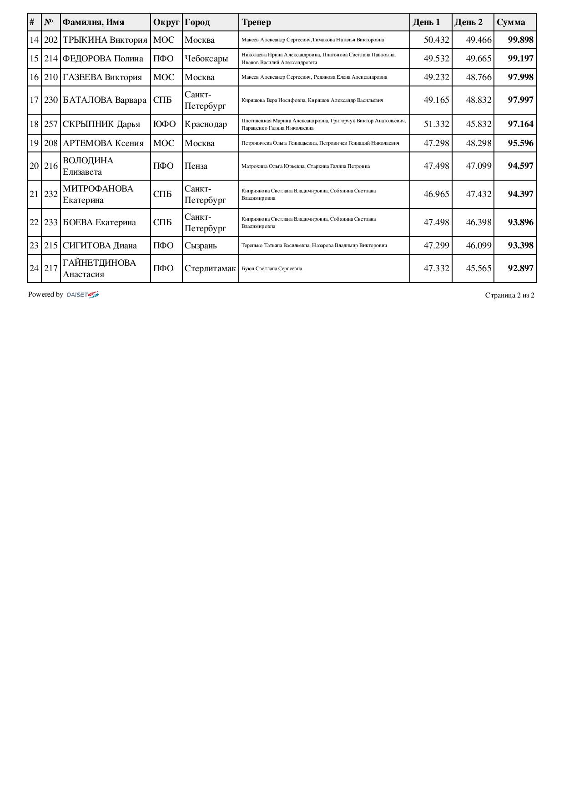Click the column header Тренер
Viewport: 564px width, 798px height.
256,22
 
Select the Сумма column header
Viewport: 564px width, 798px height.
511,22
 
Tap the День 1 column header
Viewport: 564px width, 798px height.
426,22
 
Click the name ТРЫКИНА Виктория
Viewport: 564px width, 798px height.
105,40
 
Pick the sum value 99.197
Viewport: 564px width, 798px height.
520,59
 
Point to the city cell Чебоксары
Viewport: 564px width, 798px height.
206,59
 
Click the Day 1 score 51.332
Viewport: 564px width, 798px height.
436,124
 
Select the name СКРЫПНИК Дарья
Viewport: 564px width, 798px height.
101,124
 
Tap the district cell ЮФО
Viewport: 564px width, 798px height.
164,124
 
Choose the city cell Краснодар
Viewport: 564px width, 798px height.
206,124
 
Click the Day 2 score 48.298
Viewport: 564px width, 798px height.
478,143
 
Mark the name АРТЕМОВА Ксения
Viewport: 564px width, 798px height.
103,143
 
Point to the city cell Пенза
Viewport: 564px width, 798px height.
196,166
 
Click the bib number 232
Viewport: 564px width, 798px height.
51,194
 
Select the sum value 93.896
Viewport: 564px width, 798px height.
520,222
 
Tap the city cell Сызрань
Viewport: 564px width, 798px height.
201,246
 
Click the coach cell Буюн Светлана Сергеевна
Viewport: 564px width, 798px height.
272,268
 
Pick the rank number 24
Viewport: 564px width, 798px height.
34,268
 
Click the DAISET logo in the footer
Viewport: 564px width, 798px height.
83,295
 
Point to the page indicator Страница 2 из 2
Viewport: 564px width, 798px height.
509,295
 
